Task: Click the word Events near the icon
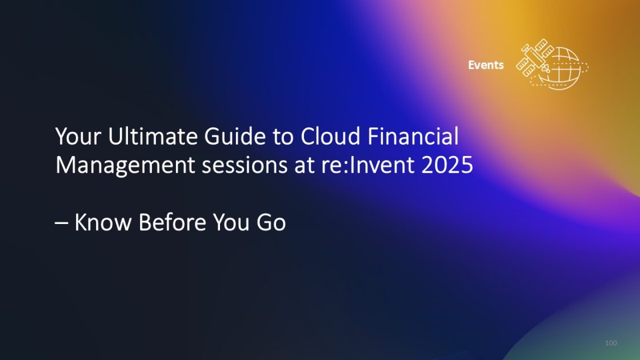(486, 65)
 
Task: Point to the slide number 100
(611, 343)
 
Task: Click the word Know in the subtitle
(103, 223)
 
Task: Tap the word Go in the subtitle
(270, 223)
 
